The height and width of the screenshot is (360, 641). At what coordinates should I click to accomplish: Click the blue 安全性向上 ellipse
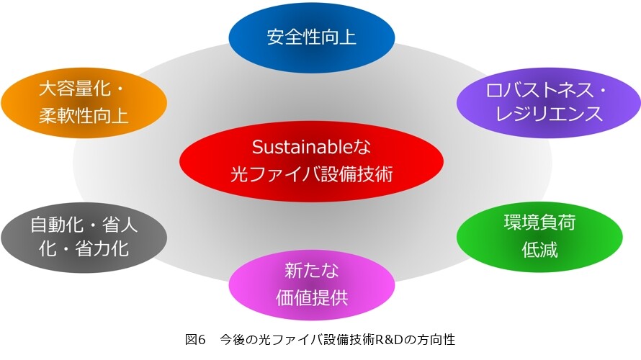(312, 37)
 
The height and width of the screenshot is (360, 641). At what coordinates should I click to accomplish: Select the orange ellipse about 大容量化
(84, 102)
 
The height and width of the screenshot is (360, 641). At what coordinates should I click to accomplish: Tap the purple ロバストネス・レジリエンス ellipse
(548, 102)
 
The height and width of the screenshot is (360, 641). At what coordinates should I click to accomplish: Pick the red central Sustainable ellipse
(312, 161)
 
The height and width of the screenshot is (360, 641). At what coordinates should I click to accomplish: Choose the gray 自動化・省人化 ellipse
(84, 238)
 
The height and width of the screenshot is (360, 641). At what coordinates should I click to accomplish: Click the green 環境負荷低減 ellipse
(539, 237)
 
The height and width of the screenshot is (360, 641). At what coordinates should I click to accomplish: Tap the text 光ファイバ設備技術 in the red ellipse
(312, 174)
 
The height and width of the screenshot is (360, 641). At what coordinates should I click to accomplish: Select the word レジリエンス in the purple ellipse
(549, 114)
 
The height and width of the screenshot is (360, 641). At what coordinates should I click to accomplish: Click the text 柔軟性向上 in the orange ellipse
(84, 115)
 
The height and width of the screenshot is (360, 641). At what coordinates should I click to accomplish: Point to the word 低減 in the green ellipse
(539, 249)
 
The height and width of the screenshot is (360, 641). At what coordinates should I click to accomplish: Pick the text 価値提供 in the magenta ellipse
(312, 297)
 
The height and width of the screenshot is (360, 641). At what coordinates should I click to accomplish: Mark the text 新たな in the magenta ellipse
(312, 271)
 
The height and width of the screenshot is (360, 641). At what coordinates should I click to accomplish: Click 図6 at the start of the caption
(195, 340)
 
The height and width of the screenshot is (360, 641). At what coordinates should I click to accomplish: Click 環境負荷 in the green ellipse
(539, 222)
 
